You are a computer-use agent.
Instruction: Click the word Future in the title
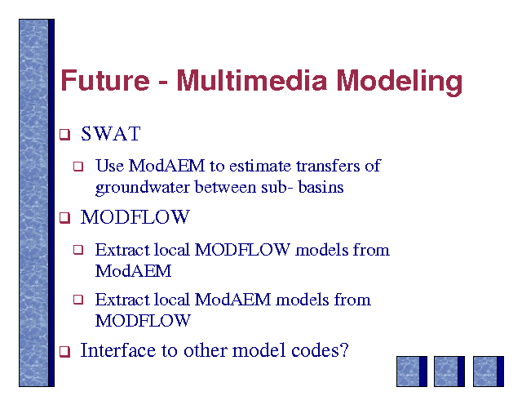click(x=105, y=80)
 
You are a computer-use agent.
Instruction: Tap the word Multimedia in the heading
click(x=252, y=80)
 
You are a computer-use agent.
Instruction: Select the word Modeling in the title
click(x=399, y=82)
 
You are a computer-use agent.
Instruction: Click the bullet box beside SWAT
click(x=64, y=135)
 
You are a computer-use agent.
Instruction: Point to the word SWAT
click(x=111, y=134)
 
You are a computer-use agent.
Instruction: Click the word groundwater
click(x=143, y=188)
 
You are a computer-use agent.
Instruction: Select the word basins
click(x=321, y=187)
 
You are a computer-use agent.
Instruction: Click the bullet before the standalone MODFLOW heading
click(x=64, y=218)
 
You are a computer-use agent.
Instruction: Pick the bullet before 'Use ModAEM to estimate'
click(x=78, y=166)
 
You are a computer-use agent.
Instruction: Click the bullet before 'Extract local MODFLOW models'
click(x=78, y=250)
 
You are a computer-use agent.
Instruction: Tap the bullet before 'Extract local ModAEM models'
click(x=78, y=300)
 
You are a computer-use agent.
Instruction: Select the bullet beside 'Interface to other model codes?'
click(x=64, y=351)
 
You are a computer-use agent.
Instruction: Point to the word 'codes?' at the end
click(x=320, y=350)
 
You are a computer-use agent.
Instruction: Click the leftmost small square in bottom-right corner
click(x=412, y=372)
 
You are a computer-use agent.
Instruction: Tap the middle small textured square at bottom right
click(x=449, y=372)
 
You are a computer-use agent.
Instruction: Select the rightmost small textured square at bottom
click(x=489, y=372)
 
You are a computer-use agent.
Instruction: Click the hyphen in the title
click(x=163, y=82)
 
